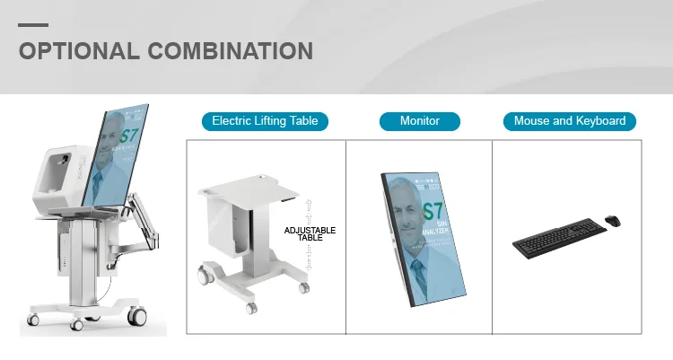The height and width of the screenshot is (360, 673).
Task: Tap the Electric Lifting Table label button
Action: (265, 120)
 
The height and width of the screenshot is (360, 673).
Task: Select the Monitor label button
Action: (419, 120)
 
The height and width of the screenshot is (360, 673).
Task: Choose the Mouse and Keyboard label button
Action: (570, 120)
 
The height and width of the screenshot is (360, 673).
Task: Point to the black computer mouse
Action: (612, 221)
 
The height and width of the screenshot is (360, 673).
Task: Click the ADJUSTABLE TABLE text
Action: (310, 234)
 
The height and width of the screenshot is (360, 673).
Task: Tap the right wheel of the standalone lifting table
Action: (304, 287)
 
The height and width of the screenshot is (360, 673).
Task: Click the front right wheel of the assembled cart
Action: (137, 316)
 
